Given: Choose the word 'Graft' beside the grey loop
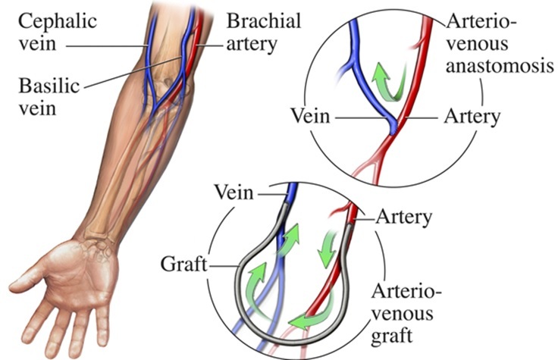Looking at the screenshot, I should point(181,265).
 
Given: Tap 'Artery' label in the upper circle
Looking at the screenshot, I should point(472,117).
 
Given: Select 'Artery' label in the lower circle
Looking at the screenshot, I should point(404,218).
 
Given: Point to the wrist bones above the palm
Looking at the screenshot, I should point(99,239).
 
